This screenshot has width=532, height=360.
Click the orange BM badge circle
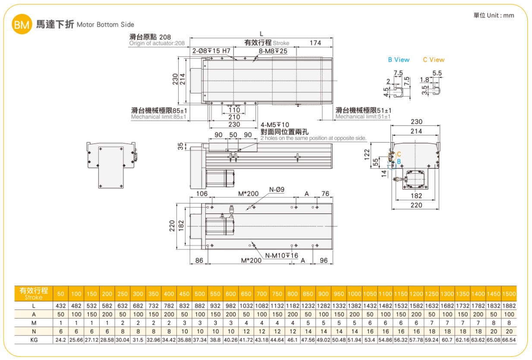22,24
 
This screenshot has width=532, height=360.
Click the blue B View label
399,59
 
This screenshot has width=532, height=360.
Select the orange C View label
434,59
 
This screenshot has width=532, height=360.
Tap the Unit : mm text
501,16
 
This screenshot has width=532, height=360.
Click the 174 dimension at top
315,43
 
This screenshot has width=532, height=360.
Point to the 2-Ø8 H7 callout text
211,51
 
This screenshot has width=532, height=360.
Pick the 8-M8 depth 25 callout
273,51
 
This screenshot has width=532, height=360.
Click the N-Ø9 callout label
277,189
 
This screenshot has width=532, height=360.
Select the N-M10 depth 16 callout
281,256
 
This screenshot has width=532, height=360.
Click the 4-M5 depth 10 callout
275,125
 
